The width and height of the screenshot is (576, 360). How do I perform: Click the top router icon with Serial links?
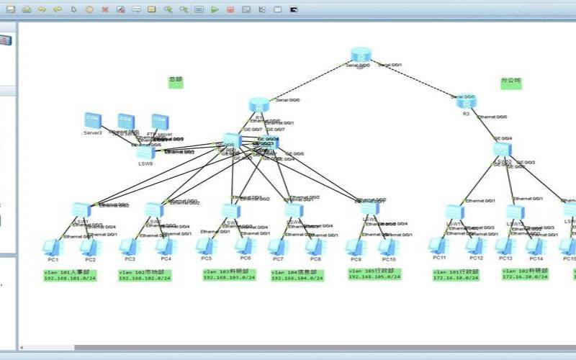click(x=361, y=55)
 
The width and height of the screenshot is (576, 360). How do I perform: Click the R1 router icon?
click(x=258, y=106)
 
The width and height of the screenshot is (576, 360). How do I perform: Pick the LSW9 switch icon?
click(x=145, y=152)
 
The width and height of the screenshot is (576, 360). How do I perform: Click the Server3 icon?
click(x=92, y=121)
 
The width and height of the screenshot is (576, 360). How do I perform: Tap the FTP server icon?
click(x=160, y=122)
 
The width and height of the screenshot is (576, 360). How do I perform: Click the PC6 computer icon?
click(x=244, y=246)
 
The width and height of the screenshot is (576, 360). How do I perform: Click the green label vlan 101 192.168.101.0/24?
click(x=71, y=275)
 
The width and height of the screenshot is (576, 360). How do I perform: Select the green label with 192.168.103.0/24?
click(x=229, y=274)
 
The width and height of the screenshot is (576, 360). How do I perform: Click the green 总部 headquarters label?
click(x=176, y=83)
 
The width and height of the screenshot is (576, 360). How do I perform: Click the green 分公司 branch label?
click(x=510, y=83)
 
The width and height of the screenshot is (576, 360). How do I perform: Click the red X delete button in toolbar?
click(x=105, y=10)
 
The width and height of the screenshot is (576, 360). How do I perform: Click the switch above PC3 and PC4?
click(x=153, y=210)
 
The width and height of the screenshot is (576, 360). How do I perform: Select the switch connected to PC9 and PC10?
click(x=369, y=209)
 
